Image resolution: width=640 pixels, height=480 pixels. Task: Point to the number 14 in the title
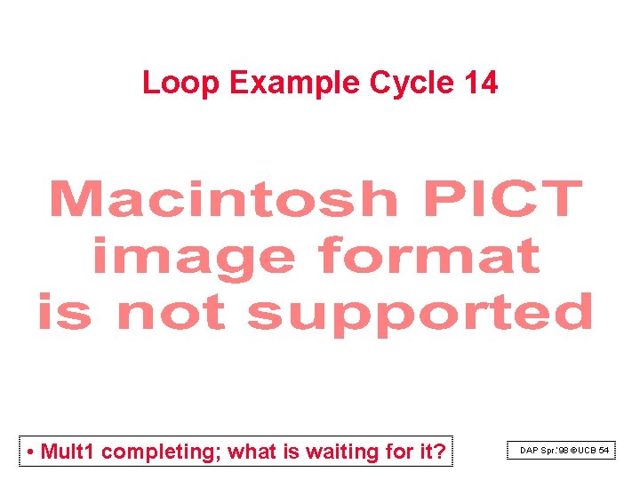[481, 83]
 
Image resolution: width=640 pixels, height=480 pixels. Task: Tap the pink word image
[194, 258]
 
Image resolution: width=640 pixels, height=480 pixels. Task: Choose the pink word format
[429, 256]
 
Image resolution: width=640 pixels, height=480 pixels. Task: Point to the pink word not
[172, 313]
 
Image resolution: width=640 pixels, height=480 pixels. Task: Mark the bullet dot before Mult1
[31, 452]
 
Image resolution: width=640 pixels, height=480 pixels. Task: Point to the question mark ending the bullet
[439, 452]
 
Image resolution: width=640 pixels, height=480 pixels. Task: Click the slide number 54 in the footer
[604, 451]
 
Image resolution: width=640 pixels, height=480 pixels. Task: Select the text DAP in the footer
[530, 451]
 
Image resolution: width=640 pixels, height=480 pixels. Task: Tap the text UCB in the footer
[588, 451]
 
